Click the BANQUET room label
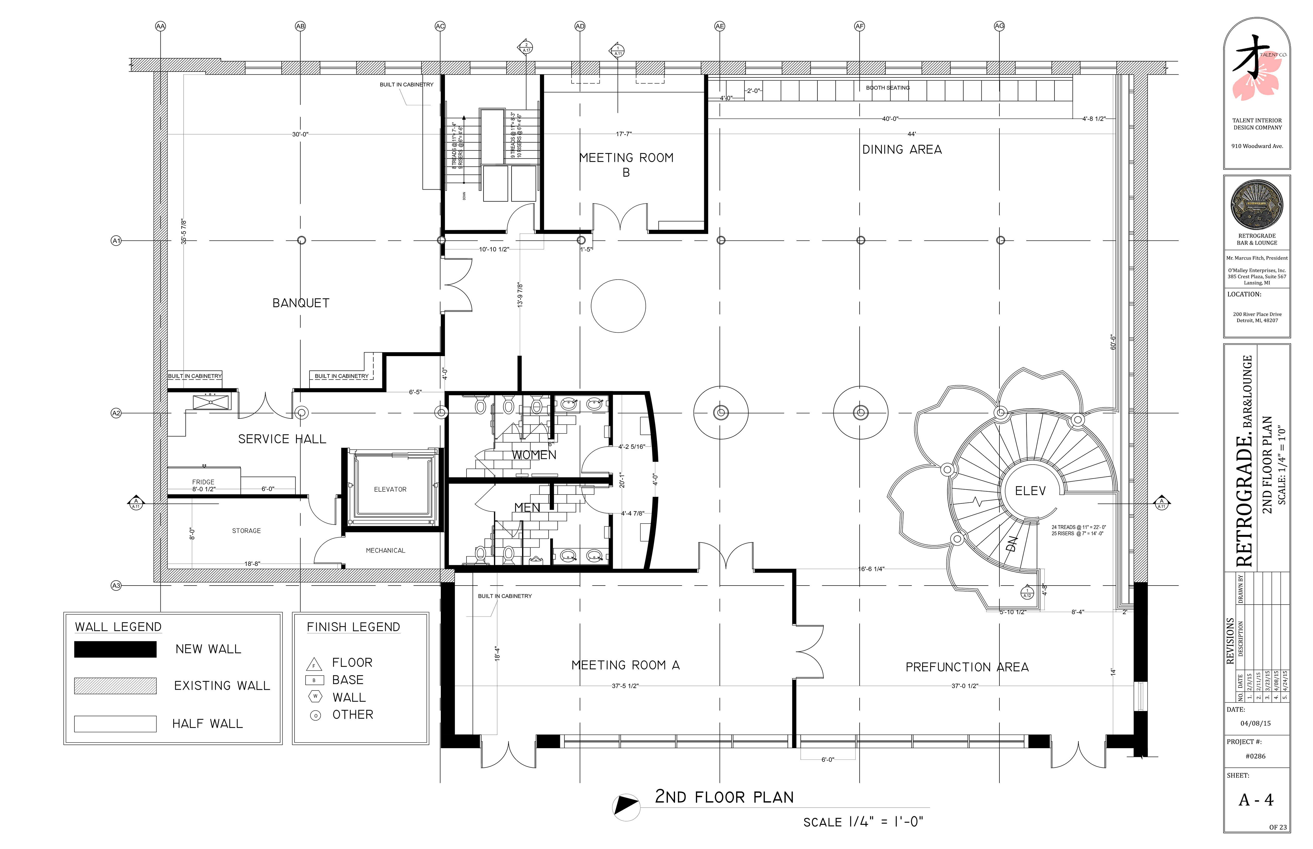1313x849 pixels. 301,303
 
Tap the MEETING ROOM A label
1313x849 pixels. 625,665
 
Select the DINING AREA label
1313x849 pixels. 901,149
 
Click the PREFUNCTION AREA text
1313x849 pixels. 966,667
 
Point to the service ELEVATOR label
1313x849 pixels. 390,490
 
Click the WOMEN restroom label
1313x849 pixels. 533,455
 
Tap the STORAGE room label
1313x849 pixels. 246,531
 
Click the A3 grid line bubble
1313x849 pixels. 116,586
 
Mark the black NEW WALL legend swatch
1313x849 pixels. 115,649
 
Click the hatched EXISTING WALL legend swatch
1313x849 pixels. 115,686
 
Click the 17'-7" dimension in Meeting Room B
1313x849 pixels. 623,134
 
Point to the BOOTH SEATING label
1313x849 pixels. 887,88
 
